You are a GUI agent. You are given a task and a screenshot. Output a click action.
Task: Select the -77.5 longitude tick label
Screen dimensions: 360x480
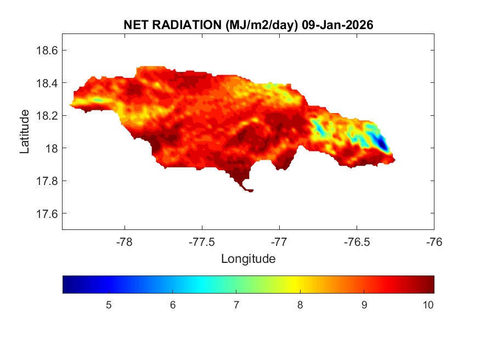coord(202,240)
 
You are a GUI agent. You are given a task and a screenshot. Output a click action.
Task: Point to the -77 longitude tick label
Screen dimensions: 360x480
coord(279,240)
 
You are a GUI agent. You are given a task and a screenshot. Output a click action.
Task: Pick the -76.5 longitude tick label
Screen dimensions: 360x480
coord(357,240)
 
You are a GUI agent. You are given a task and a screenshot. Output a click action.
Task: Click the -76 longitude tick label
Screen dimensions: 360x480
coord(434,240)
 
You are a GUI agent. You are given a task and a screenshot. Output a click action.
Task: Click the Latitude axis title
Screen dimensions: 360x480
coord(25,131)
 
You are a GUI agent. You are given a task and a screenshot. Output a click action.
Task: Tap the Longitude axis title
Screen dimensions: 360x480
coord(248,258)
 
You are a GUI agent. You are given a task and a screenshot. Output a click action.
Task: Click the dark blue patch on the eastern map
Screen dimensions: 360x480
coord(383,145)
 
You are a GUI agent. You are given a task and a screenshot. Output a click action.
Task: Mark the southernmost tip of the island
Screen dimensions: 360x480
coord(250,191)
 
